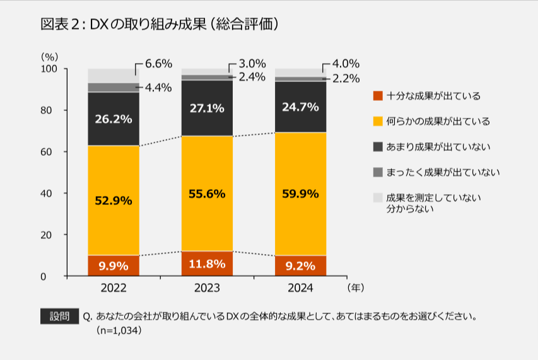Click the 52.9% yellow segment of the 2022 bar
click(x=114, y=200)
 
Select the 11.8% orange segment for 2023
click(x=207, y=264)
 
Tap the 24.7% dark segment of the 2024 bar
click(x=300, y=107)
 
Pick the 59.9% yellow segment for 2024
click(x=300, y=194)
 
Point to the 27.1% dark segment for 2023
click(x=207, y=108)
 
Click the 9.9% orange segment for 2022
click(x=114, y=265)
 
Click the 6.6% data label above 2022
click(x=158, y=64)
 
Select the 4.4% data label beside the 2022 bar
click(x=158, y=88)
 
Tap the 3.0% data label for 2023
click(x=252, y=64)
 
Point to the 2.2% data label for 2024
click(x=346, y=79)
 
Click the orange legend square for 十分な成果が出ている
click(x=378, y=96)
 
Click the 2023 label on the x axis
click(x=207, y=287)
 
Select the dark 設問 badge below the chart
click(x=59, y=316)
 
